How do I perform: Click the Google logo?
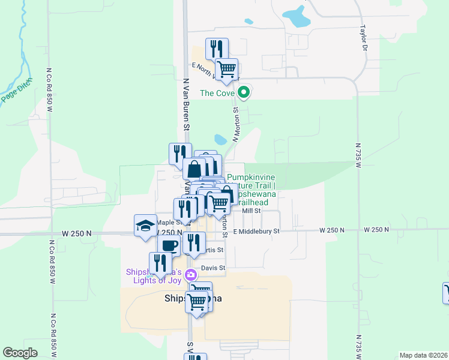coord(20,353)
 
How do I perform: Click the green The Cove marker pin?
coord(243,92)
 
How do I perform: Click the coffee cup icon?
coord(169,245)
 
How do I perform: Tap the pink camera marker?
coord(191,275)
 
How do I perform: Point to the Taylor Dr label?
coord(363,37)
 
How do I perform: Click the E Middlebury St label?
coord(256,230)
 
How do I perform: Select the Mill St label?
coord(251,211)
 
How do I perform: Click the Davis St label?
coord(213,268)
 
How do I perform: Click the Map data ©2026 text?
coord(423,355)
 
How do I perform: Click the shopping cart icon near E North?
coord(226,69)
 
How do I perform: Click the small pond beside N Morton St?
coord(220,140)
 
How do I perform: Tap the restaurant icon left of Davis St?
coord(160,263)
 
